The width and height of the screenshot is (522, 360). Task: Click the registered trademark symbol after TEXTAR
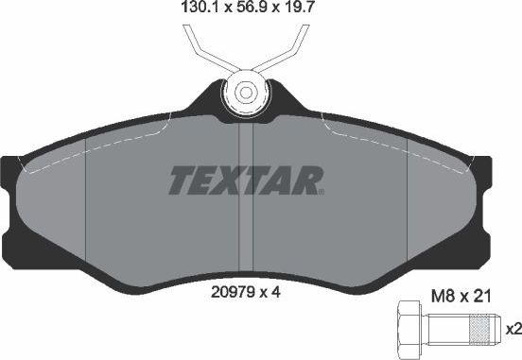(321, 190)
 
